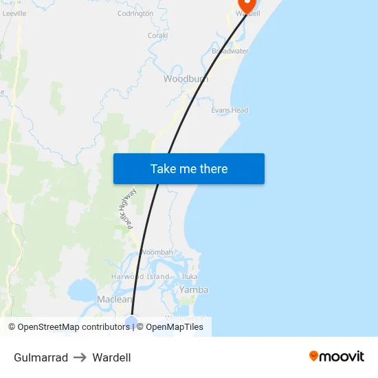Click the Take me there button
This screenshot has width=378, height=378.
[x=189, y=169]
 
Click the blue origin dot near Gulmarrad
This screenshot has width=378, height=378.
[x=131, y=322]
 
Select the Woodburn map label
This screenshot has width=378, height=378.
[x=186, y=79]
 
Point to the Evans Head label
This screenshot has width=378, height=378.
[x=230, y=110]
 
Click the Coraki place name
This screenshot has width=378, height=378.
[x=158, y=34]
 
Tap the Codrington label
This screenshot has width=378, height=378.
[x=135, y=13]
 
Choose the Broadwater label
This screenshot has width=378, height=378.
[x=230, y=52]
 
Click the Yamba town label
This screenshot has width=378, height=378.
[x=194, y=290]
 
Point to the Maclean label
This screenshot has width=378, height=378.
[x=114, y=300]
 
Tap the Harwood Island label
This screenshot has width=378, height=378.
[x=140, y=276]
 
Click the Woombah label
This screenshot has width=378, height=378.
[x=157, y=252]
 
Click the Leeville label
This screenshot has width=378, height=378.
[x=14, y=13]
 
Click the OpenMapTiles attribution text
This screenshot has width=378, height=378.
[x=175, y=327]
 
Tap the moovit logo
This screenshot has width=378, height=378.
[x=337, y=357]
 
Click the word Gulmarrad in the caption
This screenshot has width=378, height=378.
[x=41, y=357]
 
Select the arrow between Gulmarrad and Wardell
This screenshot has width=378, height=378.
[x=80, y=357]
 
